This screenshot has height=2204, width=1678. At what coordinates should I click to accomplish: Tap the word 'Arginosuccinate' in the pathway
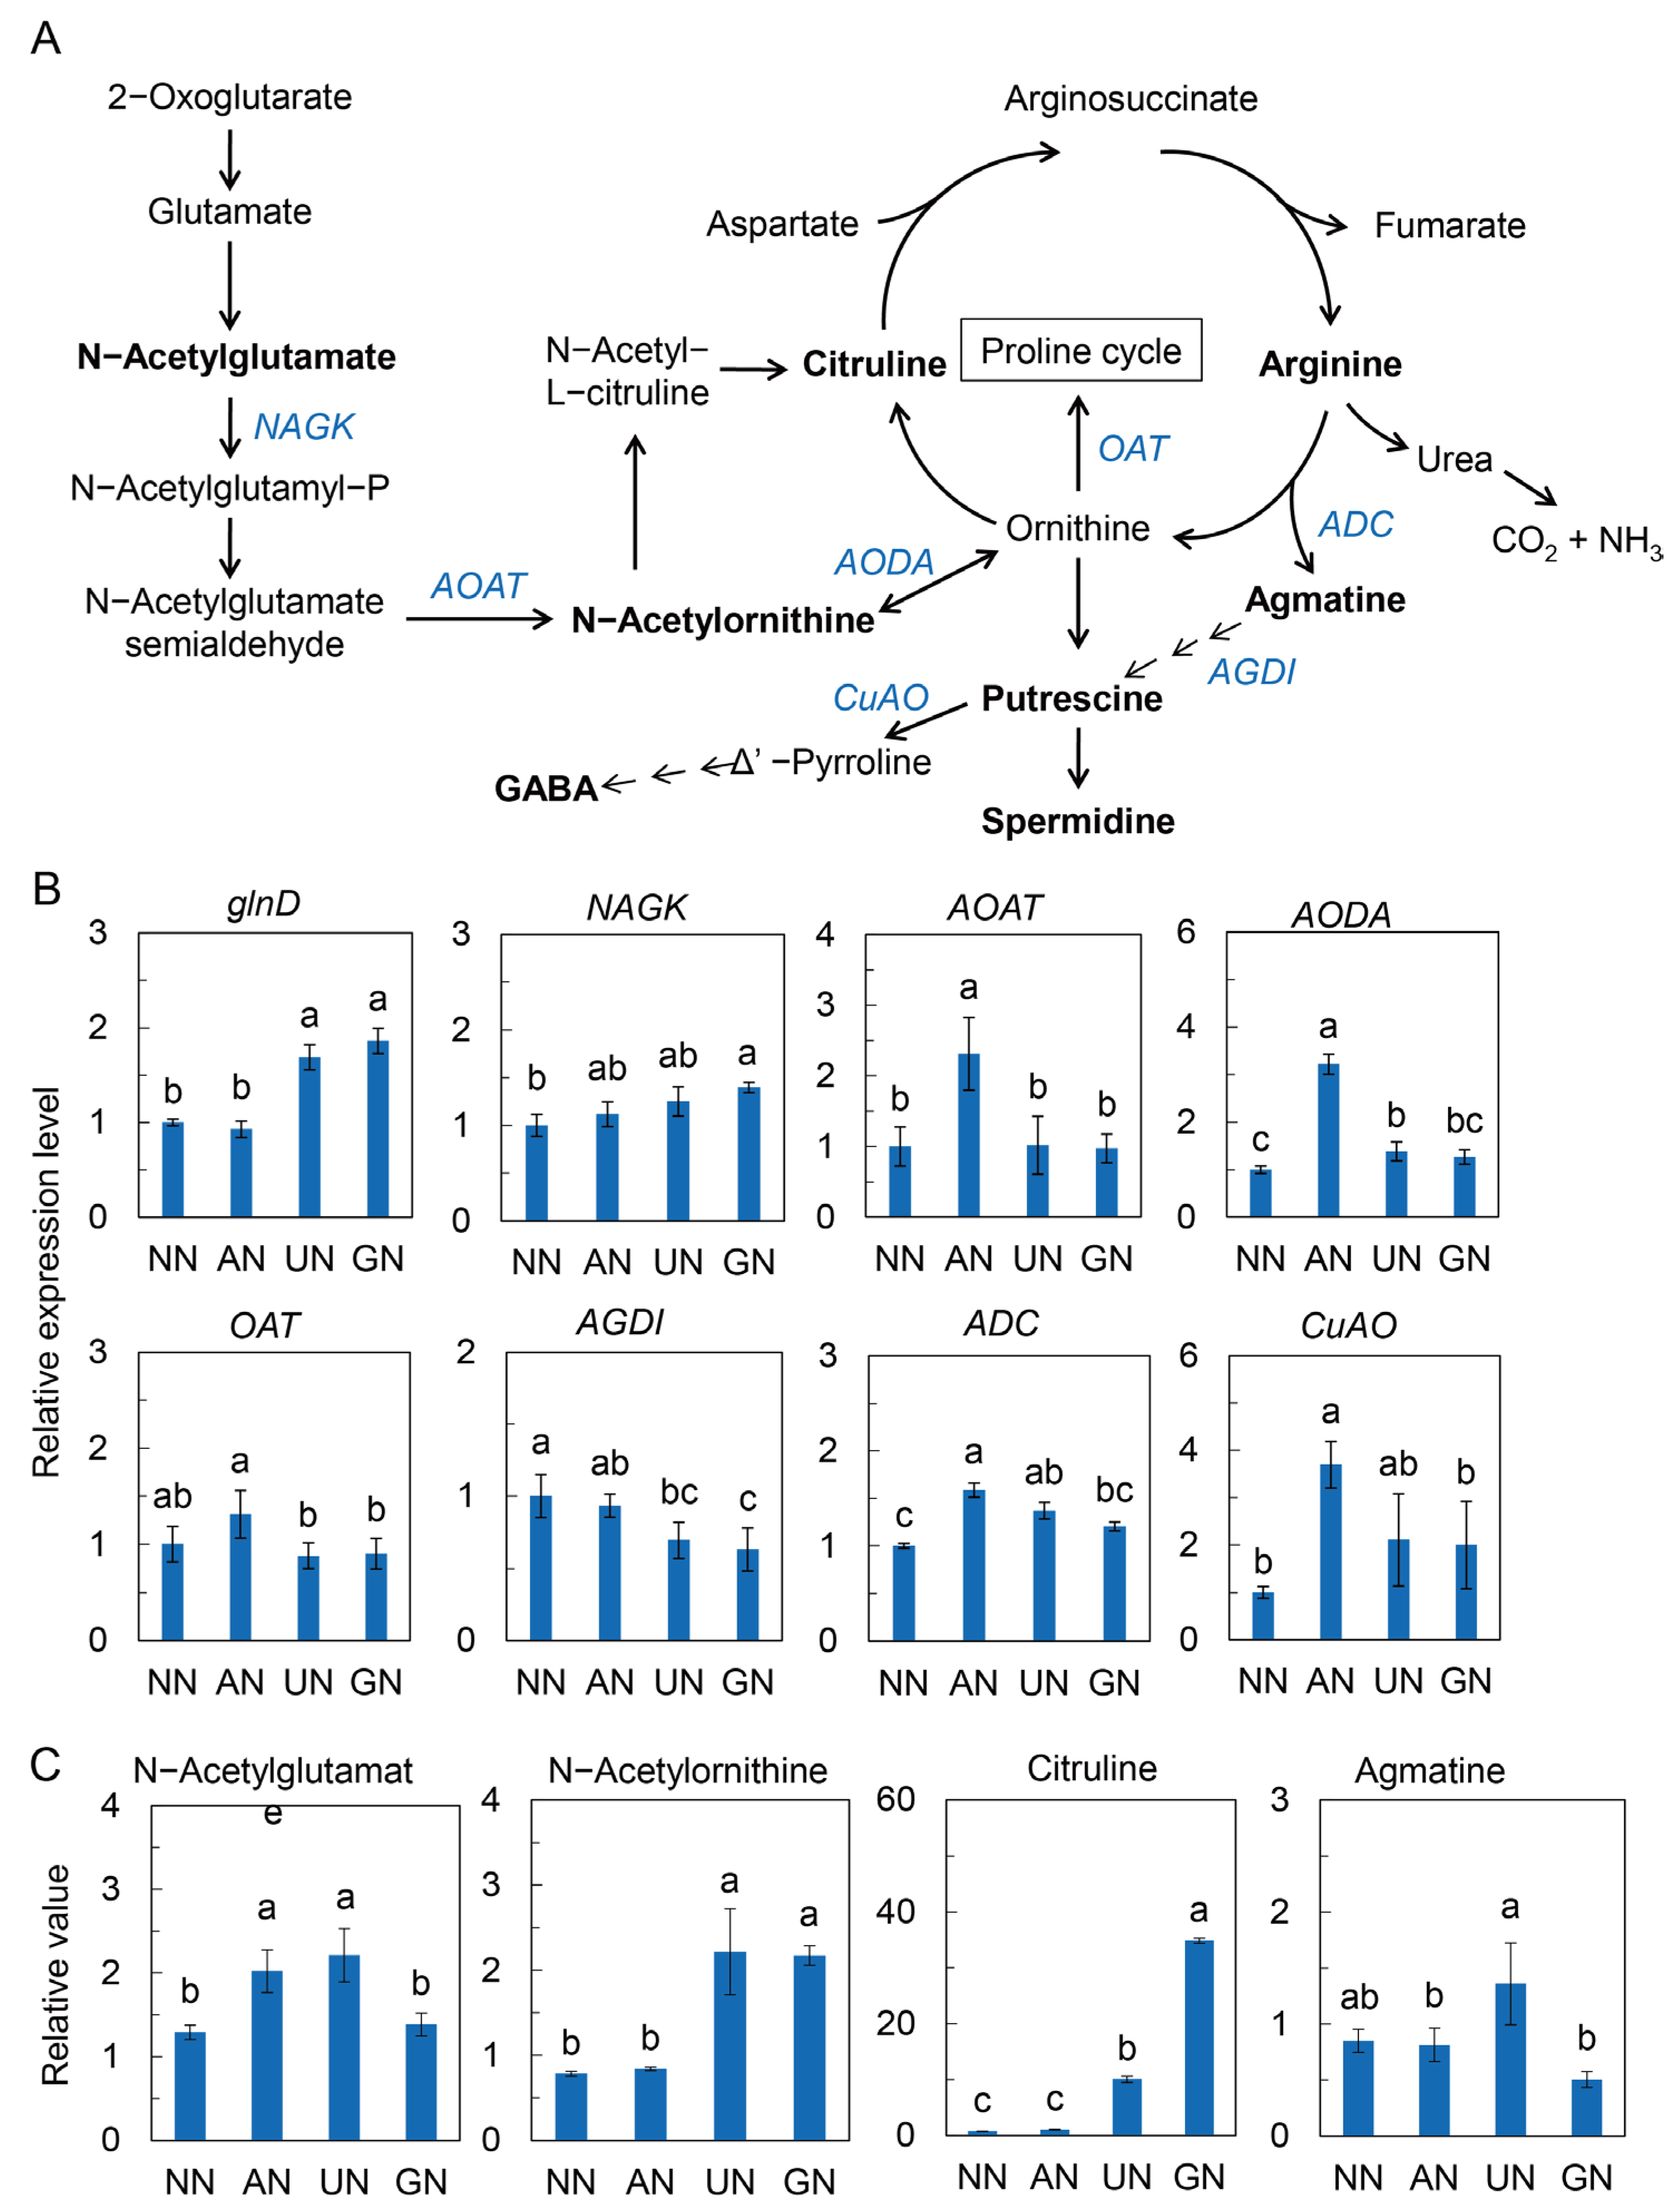(x=1131, y=99)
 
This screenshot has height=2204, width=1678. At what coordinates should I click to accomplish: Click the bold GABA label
(x=545, y=789)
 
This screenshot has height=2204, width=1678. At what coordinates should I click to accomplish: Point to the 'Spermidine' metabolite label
(x=1078, y=821)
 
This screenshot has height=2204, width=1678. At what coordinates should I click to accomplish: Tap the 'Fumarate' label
(x=1449, y=226)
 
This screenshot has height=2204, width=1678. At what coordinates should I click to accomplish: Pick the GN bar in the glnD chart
(x=378, y=1129)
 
